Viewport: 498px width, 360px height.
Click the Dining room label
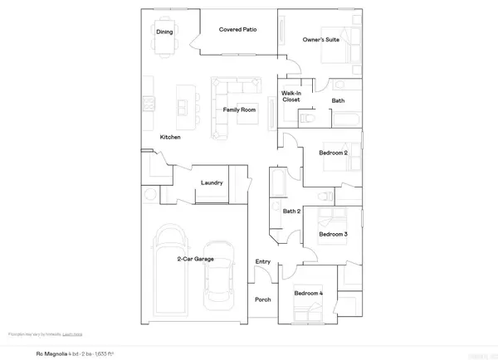click(164, 32)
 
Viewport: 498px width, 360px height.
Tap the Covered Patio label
click(237, 30)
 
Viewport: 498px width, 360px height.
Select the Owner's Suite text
click(320, 38)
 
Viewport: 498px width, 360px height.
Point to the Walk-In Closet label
click(290, 97)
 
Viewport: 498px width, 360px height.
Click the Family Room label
click(239, 109)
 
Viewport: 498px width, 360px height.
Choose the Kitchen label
click(171, 137)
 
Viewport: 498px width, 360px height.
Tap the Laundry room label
click(211, 182)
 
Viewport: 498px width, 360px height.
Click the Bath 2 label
click(291, 212)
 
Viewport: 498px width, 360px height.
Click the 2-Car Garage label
click(195, 260)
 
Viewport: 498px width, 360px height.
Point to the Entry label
click(263, 262)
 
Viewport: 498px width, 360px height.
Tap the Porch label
click(263, 299)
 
